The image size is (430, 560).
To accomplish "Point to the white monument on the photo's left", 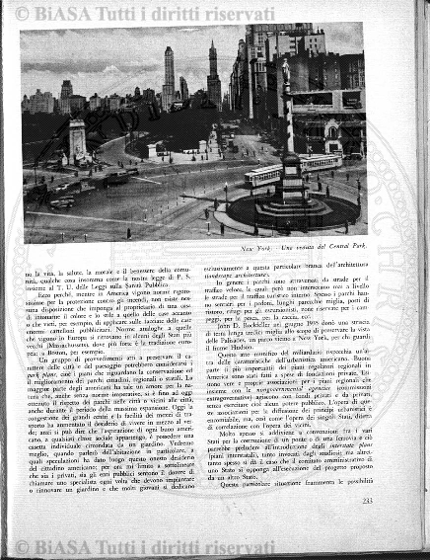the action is [77, 139].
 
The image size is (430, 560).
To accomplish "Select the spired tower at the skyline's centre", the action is [212, 74].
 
